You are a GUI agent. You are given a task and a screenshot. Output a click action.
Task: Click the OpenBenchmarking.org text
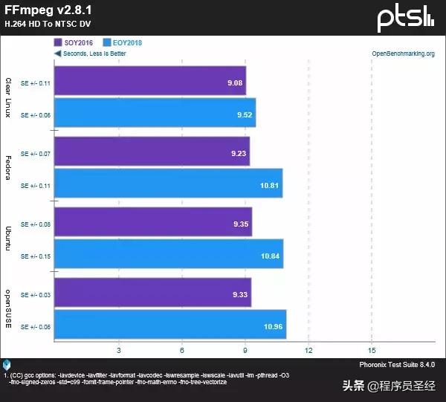[402, 54]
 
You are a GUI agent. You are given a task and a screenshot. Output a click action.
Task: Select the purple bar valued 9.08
[149, 81]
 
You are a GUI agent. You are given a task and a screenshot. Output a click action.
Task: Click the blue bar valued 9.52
[155, 115]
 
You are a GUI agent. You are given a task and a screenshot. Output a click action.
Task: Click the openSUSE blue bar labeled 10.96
[170, 325]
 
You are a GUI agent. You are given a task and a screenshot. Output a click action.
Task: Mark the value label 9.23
[239, 152]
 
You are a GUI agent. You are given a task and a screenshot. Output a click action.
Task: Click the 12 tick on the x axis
[308, 350]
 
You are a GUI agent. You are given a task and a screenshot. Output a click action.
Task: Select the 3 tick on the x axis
[119, 350]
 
